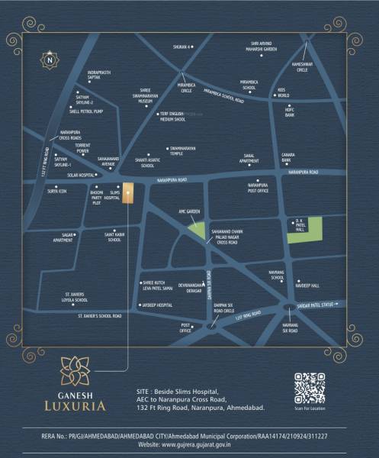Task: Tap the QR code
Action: pos(309,388)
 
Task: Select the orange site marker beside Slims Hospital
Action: pos(128,193)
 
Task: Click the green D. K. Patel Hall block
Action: pos(304,230)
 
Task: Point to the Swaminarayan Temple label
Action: pos(187,150)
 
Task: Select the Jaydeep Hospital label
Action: pos(158,305)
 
